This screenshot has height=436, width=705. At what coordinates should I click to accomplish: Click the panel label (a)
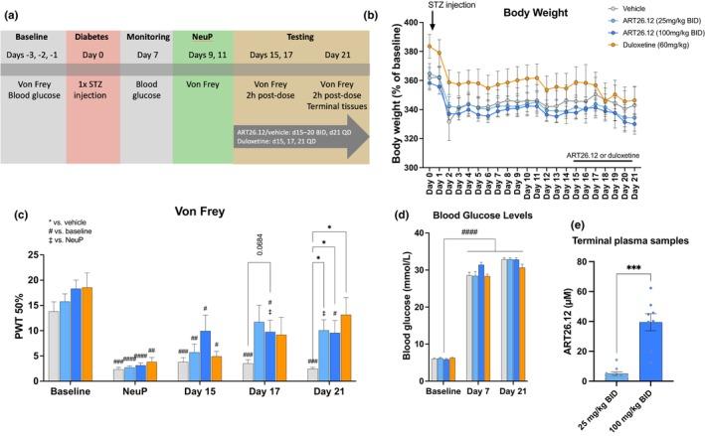[12, 8]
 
